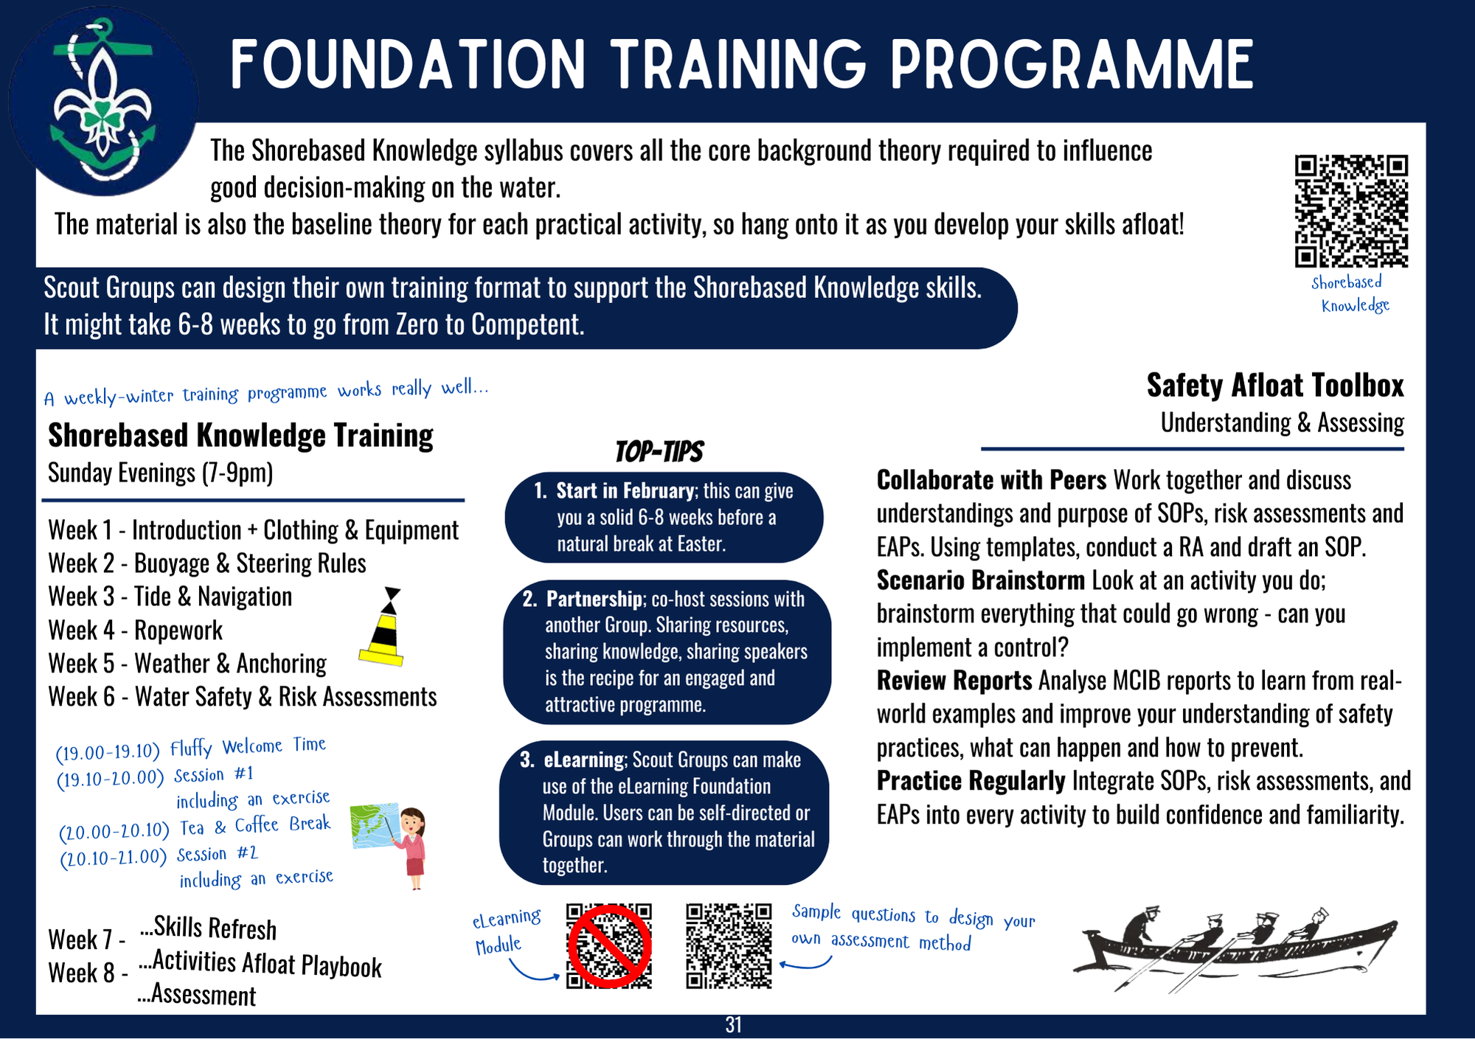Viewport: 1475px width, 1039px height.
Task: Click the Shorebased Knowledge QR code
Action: tap(1351, 211)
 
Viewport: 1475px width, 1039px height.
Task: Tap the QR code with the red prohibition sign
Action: tap(609, 946)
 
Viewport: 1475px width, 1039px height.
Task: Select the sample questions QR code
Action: tap(729, 946)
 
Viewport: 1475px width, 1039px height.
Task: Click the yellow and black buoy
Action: tap(383, 627)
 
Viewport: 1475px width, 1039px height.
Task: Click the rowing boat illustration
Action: tap(1235, 948)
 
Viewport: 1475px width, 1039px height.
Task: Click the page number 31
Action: tap(733, 1025)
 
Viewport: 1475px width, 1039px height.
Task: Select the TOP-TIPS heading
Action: tap(659, 451)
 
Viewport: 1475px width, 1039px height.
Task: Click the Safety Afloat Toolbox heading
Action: tap(1275, 385)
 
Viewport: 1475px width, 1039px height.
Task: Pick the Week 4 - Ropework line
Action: tap(135, 630)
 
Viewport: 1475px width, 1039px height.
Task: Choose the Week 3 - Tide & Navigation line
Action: tap(170, 597)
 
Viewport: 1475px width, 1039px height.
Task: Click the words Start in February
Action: tap(625, 490)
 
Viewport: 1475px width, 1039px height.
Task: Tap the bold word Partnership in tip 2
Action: tap(594, 599)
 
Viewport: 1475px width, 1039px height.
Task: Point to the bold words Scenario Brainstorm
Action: tap(981, 580)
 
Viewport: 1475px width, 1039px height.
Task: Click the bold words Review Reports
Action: tap(954, 680)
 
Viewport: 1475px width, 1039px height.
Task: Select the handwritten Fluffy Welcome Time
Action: tap(248, 747)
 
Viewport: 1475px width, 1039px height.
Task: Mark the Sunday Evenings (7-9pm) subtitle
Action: tap(160, 473)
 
